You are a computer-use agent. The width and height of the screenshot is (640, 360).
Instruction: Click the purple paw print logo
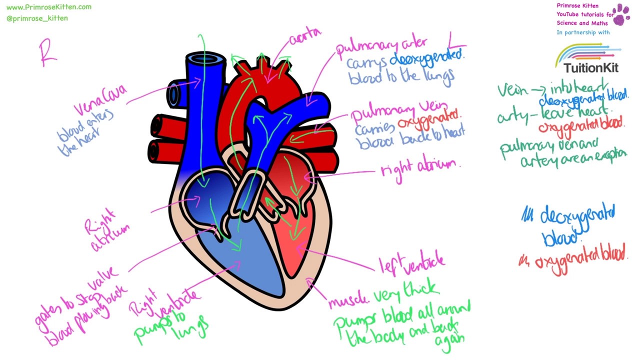621,14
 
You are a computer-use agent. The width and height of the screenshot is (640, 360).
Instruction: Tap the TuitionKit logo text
591,68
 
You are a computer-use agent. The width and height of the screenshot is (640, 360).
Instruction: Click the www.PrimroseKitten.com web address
49,7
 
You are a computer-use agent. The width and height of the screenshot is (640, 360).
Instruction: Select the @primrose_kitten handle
37,18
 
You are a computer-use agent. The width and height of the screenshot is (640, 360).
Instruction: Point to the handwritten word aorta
305,36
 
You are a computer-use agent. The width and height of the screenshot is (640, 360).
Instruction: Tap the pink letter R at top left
47,54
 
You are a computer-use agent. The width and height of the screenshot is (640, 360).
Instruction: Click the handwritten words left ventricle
411,264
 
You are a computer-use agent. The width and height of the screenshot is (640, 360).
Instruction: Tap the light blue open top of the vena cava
205,59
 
